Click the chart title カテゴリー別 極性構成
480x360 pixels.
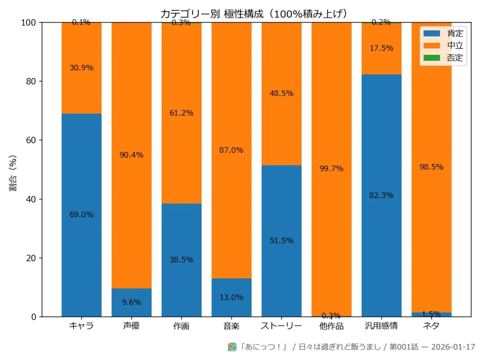[254, 14]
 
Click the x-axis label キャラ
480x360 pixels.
[82, 326]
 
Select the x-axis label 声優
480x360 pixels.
[131, 326]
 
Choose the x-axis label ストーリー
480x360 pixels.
[281, 326]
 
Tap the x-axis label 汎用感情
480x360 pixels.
[382, 326]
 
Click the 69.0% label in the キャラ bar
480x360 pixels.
[82, 215]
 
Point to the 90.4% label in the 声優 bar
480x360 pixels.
[131, 155]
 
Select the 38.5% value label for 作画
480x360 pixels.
[181, 260]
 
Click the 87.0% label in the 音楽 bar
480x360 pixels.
[232, 150]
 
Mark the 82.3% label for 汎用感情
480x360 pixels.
[382, 195]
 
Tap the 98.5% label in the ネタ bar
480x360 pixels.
[432, 167]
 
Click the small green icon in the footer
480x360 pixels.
[232, 347]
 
